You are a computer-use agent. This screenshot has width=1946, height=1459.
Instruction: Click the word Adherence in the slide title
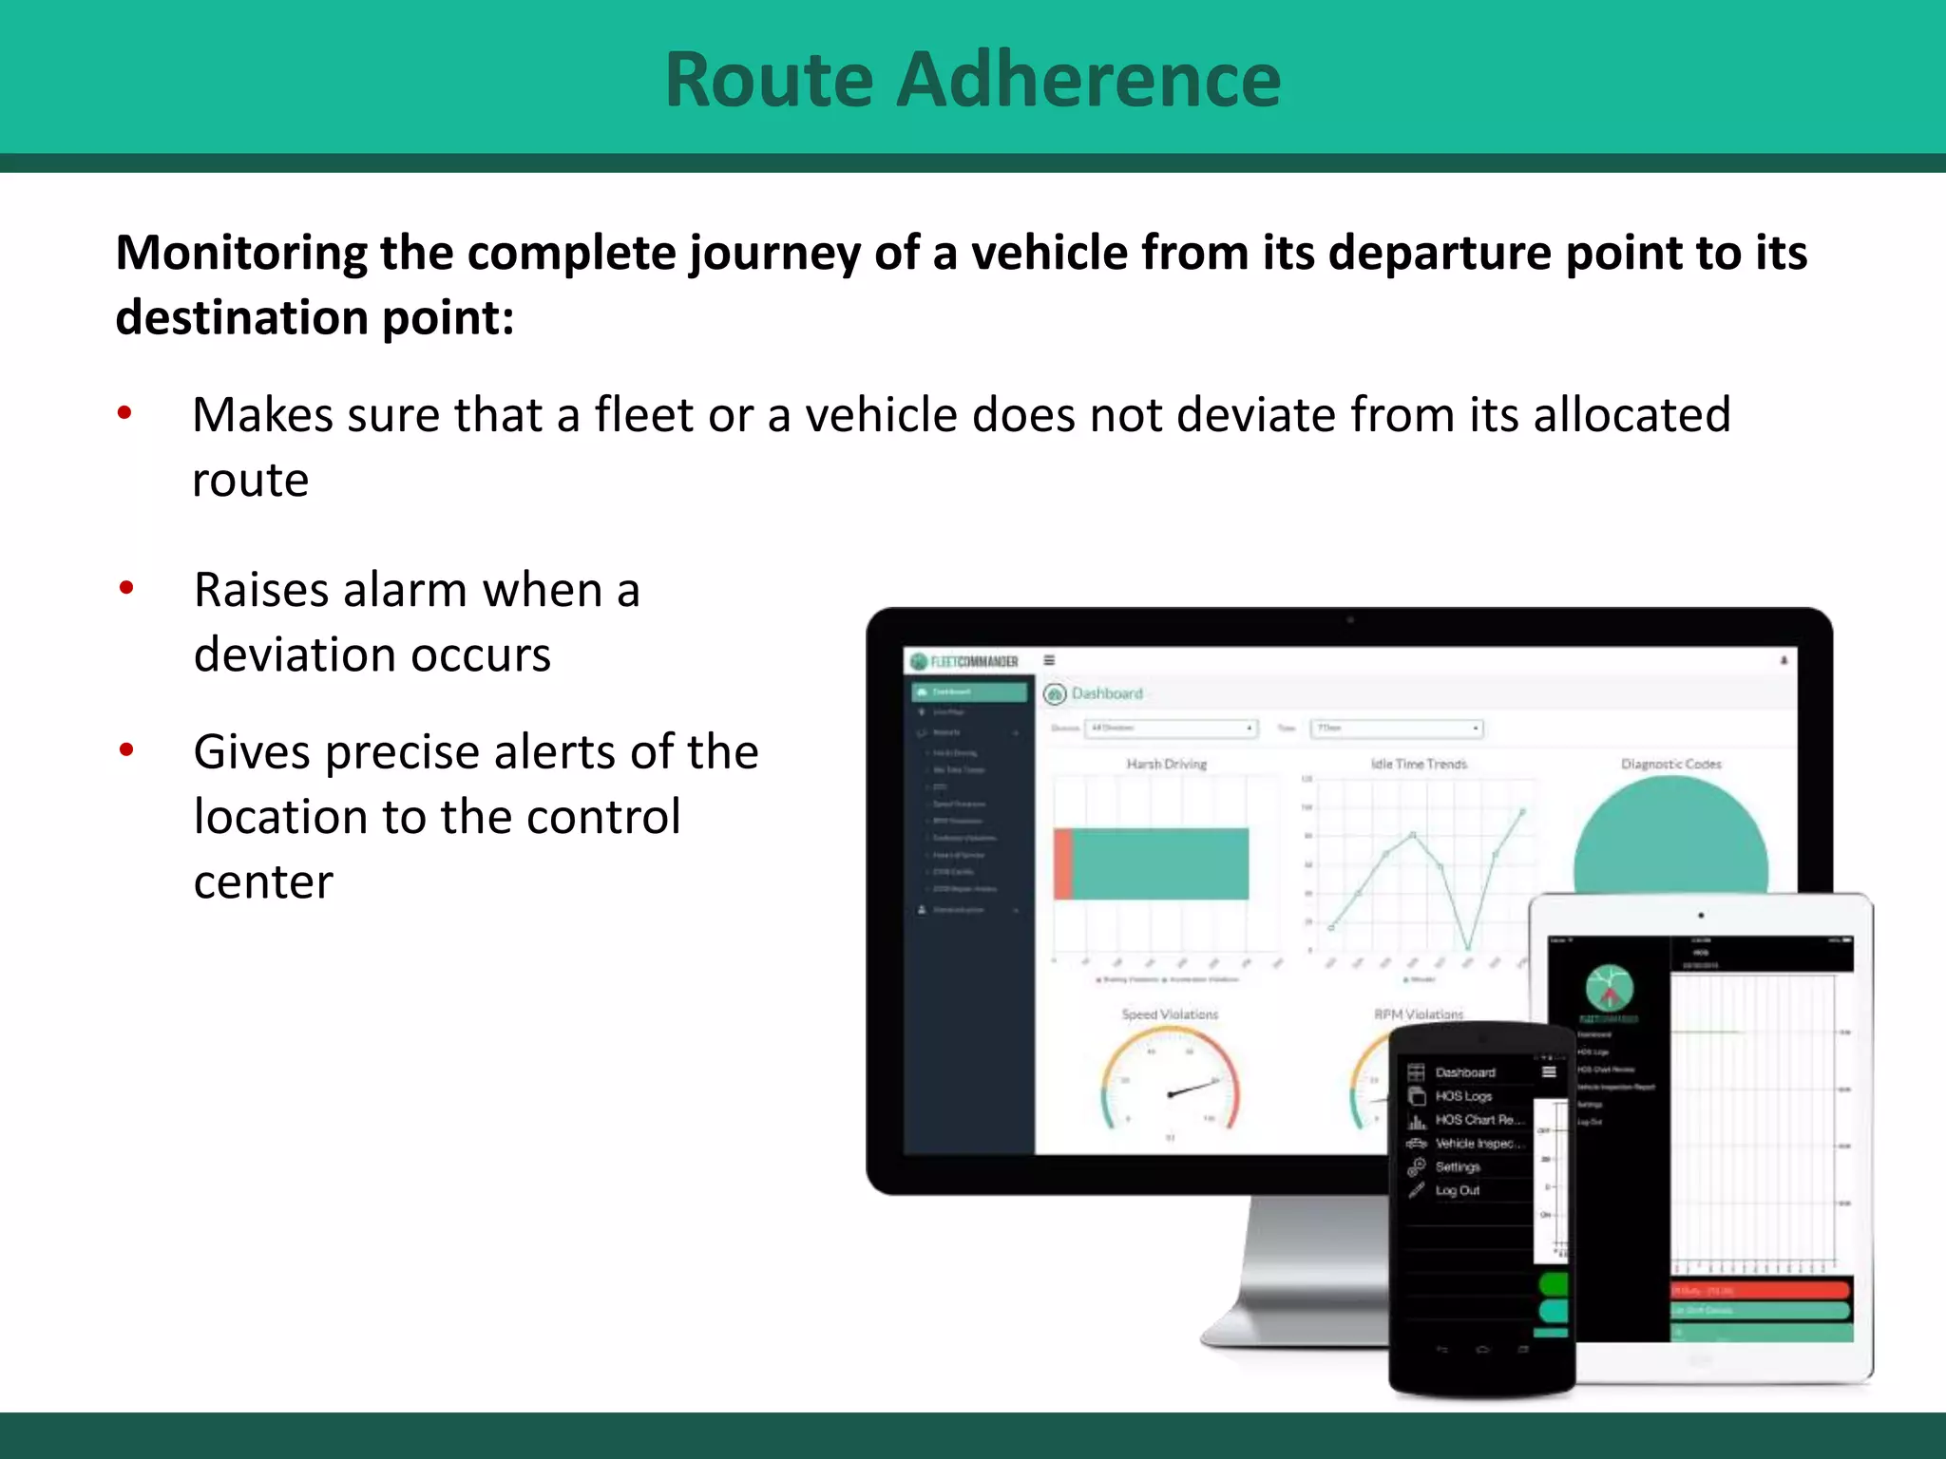click(x=1088, y=80)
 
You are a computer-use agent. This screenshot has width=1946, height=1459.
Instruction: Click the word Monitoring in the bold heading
click(x=241, y=254)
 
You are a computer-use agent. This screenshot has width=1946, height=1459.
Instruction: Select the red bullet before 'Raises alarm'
click(x=126, y=588)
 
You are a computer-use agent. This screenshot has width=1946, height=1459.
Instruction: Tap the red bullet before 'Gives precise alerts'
click(x=126, y=750)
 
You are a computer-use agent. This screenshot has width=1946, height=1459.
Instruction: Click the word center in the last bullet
click(x=263, y=881)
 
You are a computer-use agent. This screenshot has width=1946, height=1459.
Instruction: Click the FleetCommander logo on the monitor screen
click(x=963, y=661)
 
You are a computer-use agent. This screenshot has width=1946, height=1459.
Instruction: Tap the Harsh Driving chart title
click(x=1166, y=764)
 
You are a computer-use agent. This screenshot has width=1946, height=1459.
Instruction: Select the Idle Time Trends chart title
click(x=1419, y=764)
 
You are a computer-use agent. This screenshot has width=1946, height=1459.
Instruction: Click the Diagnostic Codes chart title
click(x=1670, y=764)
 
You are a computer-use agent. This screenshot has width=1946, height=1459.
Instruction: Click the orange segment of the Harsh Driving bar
click(x=1063, y=863)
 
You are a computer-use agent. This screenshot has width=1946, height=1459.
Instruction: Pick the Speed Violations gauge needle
click(x=1193, y=1088)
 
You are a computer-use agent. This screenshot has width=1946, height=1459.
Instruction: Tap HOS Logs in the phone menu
click(x=1462, y=1096)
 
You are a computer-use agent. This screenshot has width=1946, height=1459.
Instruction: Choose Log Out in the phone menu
click(x=1457, y=1190)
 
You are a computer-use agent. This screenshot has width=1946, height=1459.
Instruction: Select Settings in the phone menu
click(x=1457, y=1166)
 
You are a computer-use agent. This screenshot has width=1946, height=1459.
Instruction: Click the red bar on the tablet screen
click(x=1759, y=1290)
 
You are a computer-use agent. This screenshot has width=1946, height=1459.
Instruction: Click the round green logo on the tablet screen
click(x=1609, y=988)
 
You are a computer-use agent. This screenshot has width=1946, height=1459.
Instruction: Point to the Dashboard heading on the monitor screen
click(x=1106, y=693)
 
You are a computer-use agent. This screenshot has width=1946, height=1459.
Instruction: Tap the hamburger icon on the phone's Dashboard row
click(x=1549, y=1071)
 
